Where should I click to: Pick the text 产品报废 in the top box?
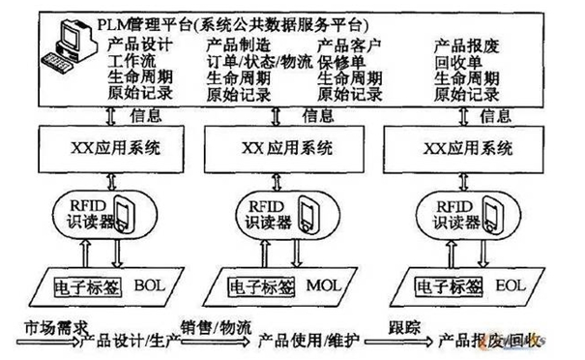pyautogui.click(x=463, y=45)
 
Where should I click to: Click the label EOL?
pyautogui.click(x=511, y=285)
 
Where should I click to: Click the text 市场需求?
pyautogui.click(x=44, y=327)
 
